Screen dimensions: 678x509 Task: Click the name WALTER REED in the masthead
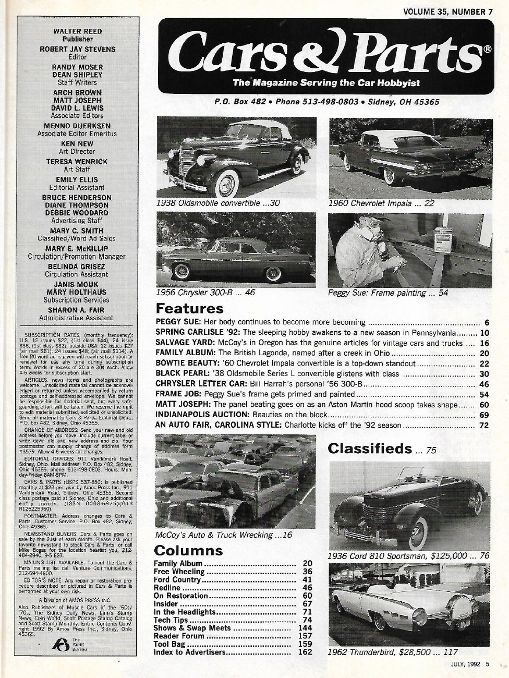78,31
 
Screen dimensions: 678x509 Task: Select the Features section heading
189,308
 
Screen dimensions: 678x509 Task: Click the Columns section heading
188,551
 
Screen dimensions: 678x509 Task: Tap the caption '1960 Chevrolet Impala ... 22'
381,204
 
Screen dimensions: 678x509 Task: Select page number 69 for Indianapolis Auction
482,415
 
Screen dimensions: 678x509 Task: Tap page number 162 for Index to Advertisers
305,652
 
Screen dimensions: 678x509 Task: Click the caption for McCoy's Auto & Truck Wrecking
223,535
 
